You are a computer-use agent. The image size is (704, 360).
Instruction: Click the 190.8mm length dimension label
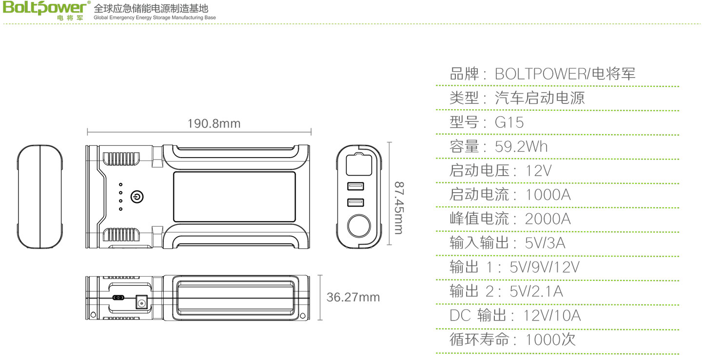(214, 123)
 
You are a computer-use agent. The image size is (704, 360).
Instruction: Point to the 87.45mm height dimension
(399, 208)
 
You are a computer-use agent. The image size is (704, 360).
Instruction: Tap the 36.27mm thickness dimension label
(353, 297)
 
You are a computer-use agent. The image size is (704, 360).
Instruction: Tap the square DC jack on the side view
(141, 302)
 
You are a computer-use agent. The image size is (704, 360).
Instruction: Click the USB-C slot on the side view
(118, 298)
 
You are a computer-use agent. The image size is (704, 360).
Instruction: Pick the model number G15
(509, 122)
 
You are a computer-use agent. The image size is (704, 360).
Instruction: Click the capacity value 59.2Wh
(521, 146)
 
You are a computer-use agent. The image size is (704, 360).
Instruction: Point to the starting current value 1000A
(548, 195)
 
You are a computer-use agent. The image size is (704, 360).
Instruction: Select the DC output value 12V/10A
(552, 316)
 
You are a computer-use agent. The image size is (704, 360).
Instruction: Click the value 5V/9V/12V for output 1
(545, 267)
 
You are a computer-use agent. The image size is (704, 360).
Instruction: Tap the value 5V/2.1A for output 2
(536, 292)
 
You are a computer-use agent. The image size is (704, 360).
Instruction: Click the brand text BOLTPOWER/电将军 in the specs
(565, 74)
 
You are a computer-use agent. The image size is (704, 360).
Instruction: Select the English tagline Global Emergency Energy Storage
(155, 18)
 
